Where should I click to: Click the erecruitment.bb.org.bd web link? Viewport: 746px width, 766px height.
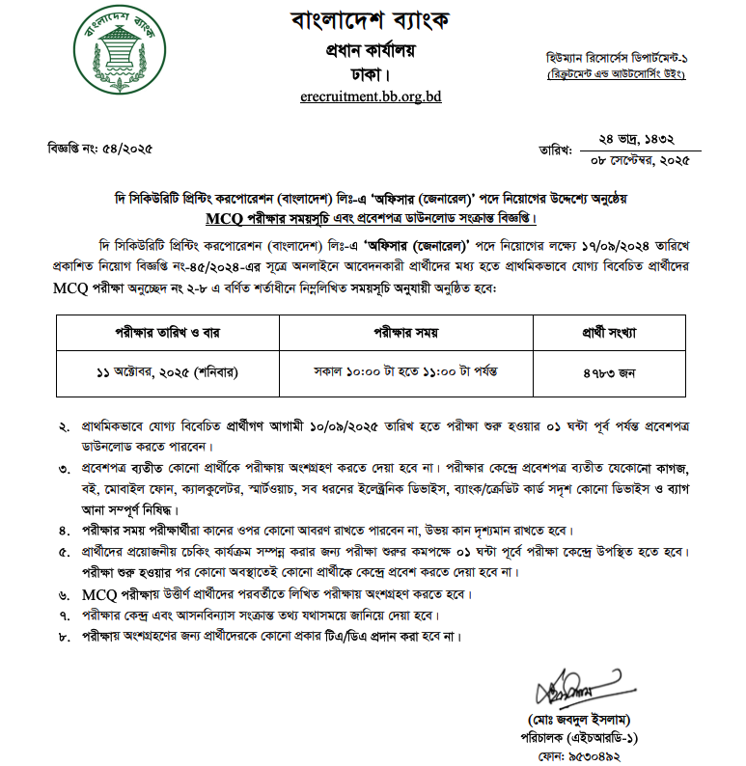pos(371,96)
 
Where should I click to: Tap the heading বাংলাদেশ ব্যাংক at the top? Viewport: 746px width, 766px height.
pos(371,20)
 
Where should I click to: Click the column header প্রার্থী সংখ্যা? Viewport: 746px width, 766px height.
pos(615,333)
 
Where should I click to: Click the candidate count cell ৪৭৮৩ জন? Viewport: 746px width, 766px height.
pos(615,370)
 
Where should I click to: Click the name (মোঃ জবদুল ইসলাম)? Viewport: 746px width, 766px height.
pos(580,720)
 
